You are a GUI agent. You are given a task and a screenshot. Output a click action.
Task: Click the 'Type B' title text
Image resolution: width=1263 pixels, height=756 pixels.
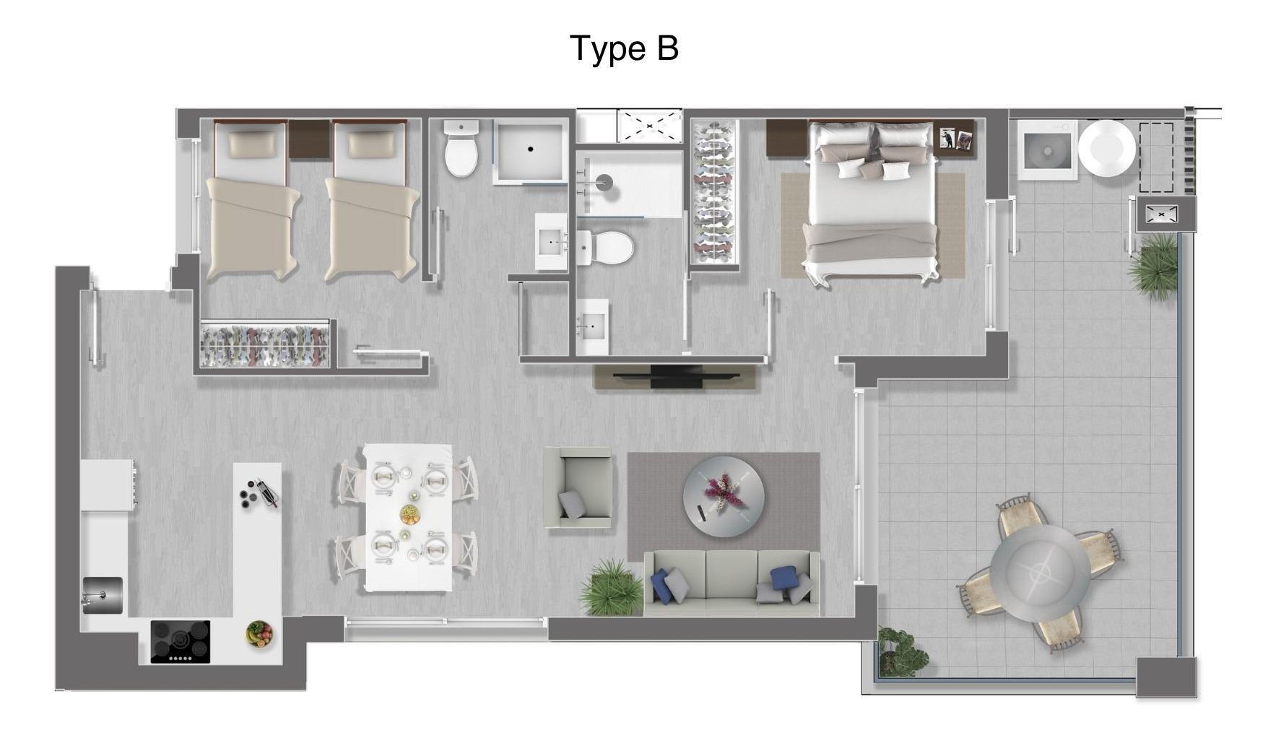(625, 49)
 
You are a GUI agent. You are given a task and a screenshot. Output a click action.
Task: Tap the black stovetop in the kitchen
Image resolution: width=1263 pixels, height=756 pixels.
(181, 642)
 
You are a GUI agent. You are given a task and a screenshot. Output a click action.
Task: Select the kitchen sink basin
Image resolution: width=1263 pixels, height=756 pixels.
(103, 596)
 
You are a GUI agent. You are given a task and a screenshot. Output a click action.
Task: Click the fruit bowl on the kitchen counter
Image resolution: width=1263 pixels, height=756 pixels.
(259, 634)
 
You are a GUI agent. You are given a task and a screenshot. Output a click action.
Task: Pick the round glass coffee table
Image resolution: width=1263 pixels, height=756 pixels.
(724, 496)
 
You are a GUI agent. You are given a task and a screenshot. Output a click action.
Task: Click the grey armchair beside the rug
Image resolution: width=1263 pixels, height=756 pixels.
(578, 487)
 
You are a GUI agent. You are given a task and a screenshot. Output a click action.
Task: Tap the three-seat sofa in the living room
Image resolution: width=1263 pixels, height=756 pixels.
(732, 583)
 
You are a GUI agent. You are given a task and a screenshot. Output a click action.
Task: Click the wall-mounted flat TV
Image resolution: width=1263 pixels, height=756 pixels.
(676, 376)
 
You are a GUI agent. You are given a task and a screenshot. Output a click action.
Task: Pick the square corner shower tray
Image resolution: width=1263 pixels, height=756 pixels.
(530, 152)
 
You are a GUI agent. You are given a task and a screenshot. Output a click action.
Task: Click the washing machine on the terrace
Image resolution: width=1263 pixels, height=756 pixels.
(1047, 150)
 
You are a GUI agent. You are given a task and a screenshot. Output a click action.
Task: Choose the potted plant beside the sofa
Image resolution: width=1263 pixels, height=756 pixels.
(612, 586)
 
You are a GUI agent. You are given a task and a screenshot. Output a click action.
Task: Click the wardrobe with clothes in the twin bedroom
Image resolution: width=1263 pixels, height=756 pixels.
(265, 344)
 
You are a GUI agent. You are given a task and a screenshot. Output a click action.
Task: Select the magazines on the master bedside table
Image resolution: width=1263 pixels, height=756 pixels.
(955, 138)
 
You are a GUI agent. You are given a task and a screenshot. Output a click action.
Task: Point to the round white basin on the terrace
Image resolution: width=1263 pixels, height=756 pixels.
(1106, 148)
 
